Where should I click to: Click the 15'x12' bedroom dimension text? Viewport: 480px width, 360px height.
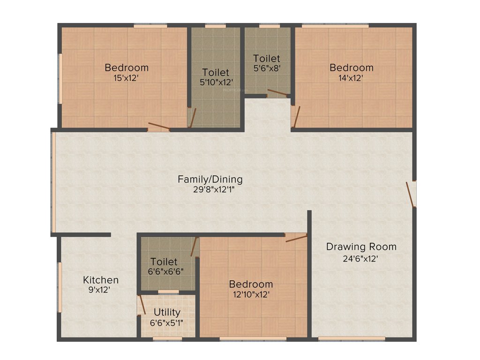pos(127,78)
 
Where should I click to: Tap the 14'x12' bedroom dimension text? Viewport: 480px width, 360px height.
pos(352,78)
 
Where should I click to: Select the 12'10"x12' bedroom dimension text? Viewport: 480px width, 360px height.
pos(251,295)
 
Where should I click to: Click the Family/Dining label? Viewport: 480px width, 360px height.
pos(210,179)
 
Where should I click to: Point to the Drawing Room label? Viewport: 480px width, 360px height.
pos(361,247)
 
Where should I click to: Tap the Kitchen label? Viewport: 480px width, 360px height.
pos(101,280)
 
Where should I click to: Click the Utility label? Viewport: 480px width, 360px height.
pos(167,312)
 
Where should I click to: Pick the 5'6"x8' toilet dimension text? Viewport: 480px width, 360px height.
pos(267,69)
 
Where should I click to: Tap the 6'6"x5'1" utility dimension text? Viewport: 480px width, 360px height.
pos(167,322)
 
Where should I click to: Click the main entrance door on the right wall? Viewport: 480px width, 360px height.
pos(411,194)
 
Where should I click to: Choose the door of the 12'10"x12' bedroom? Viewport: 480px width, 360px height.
pos(296,238)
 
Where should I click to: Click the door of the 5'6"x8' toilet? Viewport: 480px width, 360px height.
pos(277,92)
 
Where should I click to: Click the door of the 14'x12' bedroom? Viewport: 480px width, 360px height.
pos(295,116)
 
